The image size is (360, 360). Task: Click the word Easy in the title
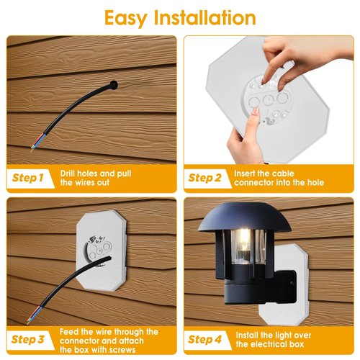(126, 18)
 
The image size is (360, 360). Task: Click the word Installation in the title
(205, 18)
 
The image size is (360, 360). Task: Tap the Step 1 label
(28, 178)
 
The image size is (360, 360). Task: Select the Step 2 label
(204, 178)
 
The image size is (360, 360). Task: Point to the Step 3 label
(28, 339)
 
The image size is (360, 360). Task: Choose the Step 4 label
(204, 339)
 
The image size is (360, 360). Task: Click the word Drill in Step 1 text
(68, 174)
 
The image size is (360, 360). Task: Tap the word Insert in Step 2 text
(245, 174)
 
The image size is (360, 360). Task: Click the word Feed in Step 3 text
(69, 332)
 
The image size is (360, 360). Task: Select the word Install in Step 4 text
(247, 335)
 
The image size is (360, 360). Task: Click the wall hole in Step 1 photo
(113, 84)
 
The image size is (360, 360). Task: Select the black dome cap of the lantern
(245, 217)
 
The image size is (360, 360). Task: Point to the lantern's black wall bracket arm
(286, 286)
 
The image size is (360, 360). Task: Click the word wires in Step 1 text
(84, 182)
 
